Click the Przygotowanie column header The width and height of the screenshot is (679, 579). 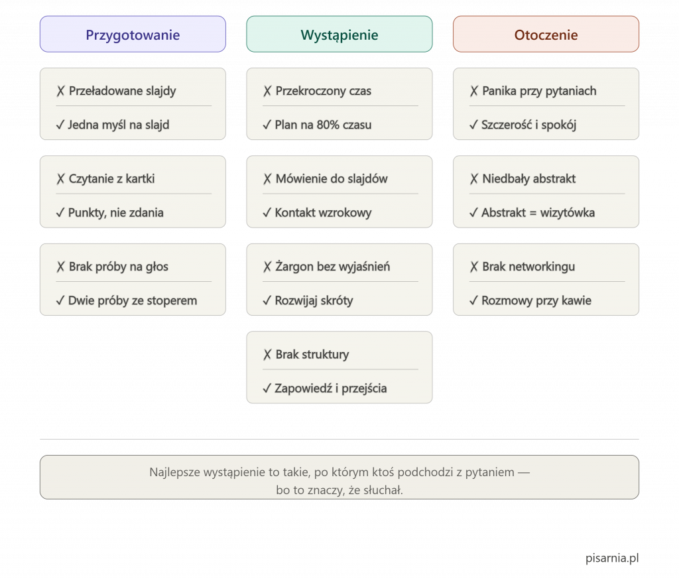point(133,34)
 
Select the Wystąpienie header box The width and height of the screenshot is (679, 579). point(339,34)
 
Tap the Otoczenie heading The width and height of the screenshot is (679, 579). point(546,34)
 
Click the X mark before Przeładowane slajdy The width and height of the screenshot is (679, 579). point(60,91)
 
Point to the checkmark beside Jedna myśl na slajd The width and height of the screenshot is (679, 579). point(60,125)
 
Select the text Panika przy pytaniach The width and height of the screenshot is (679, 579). point(539,91)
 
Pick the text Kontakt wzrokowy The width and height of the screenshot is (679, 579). point(323,213)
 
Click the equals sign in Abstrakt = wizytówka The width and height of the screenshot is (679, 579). point(532,213)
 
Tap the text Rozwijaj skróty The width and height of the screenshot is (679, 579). point(314,300)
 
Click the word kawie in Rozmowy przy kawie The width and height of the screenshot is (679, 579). point(576,300)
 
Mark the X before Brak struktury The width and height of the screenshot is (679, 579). point(267,355)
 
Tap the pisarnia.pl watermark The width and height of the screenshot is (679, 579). point(612,558)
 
